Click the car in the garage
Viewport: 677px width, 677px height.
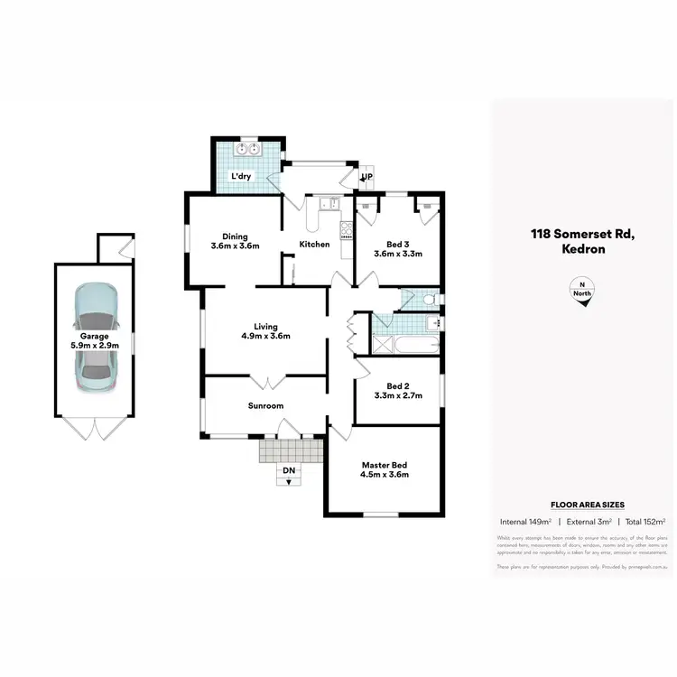[96, 335]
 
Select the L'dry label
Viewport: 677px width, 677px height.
[241, 176]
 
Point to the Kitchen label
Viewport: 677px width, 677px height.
[314, 245]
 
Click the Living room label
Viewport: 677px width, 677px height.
[265, 327]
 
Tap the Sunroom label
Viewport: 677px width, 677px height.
[265, 406]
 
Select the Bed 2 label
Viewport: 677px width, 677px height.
[398, 385]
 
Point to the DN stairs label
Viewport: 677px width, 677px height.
[288, 470]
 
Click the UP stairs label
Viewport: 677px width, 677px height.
[367, 177]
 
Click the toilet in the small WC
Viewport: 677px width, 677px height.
[429, 299]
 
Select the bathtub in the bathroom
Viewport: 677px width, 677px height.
[414, 344]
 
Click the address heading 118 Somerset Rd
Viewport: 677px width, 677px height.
[583, 235]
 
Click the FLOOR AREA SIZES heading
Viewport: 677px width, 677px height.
[588, 505]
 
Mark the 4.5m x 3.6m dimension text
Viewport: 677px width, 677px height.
[385, 475]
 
